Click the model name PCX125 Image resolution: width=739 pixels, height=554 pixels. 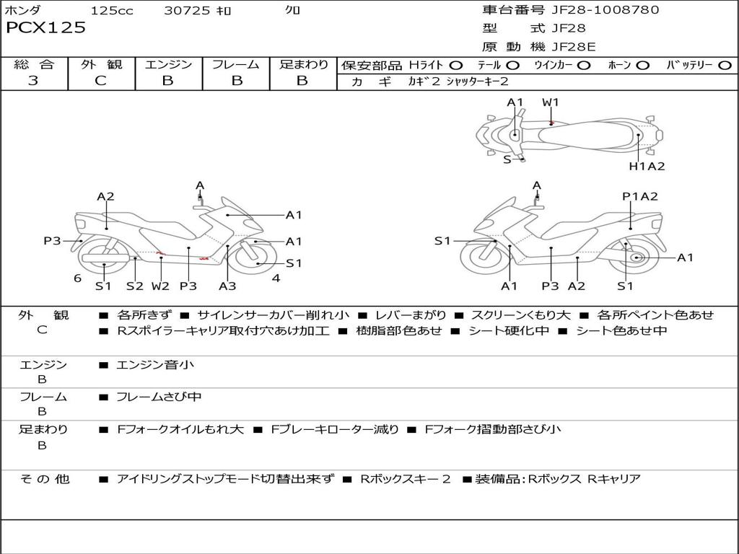coord(45,28)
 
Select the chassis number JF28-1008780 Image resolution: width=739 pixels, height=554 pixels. coord(595,10)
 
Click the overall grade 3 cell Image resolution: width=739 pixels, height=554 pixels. coord(33,81)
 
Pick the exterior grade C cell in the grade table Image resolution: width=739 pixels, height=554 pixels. coord(100,81)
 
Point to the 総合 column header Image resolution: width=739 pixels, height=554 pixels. coord(33,65)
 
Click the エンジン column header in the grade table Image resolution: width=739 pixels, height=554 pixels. coord(168,65)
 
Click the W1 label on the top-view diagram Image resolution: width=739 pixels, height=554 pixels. coord(551,102)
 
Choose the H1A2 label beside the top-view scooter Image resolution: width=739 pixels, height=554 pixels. coord(647,166)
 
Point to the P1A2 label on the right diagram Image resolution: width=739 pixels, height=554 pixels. coord(639,196)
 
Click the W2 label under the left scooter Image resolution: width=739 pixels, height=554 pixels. coord(160,286)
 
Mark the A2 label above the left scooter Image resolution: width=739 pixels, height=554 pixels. coord(106,196)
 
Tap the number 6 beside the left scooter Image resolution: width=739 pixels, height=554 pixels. coord(77,278)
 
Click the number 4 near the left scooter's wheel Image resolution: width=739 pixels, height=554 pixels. coord(276,278)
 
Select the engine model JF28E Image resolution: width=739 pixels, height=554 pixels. coord(573,47)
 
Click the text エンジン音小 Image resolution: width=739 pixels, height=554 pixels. coord(154,365)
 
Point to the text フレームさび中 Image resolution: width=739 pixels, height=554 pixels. coord(159,397)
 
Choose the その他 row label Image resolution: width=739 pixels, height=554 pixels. coord(44,479)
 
